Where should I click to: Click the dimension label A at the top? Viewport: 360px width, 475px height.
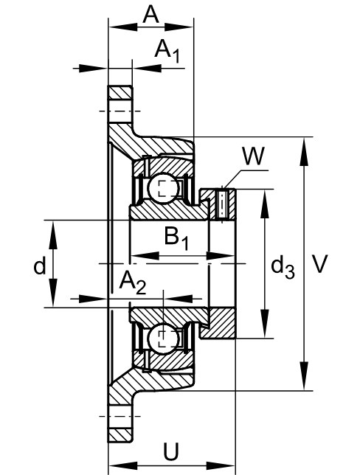pos(150,15)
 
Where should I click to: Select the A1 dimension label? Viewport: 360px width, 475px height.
pos(167,51)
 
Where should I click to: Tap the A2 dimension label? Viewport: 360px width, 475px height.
pos(133,282)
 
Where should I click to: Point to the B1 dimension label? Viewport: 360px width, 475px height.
pos(176,238)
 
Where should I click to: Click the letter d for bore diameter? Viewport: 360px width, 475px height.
pos(40,266)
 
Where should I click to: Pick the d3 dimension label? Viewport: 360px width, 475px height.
pos(283,267)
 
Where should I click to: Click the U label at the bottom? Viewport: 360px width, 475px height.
pos(171,451)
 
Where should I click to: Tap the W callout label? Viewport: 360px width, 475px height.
pos(253,156)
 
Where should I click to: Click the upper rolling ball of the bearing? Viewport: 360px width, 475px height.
pos(162,188)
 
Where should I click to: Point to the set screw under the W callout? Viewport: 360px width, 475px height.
pos(223,204)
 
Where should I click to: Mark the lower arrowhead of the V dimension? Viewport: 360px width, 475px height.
pos(304,376)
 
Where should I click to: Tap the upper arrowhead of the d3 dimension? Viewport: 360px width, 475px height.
pos(265,204)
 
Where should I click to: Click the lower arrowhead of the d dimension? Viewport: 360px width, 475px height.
pos(53,293)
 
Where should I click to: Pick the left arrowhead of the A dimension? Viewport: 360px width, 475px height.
pos(123,27)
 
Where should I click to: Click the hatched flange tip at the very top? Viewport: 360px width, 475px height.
pos(120,93)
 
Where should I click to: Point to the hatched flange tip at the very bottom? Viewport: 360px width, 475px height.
pos(120,435)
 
